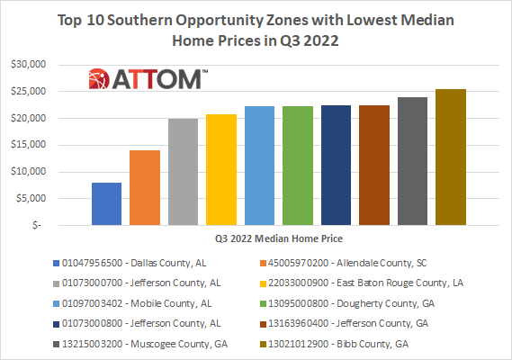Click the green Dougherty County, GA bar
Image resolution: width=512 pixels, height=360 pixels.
297,166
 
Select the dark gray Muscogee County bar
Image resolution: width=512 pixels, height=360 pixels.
412,161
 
